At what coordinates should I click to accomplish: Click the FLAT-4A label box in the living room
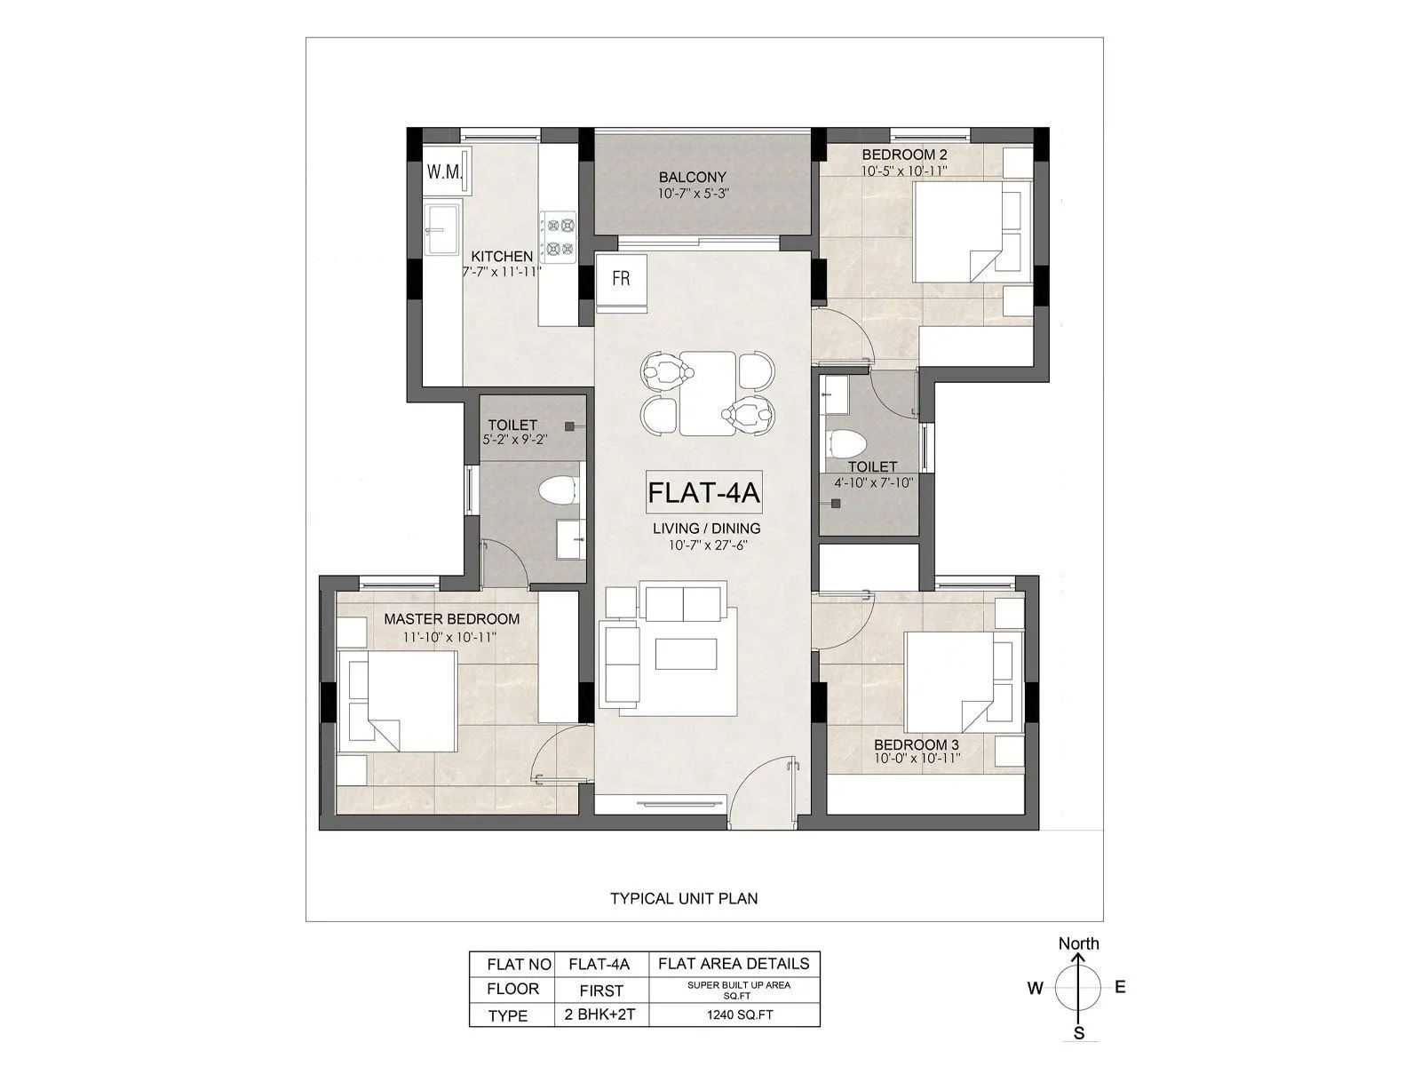703,493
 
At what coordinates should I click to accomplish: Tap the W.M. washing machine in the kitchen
445,171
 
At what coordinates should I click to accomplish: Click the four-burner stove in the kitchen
560,236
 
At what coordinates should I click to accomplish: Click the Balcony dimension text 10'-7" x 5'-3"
693,194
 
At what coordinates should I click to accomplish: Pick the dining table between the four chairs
708,392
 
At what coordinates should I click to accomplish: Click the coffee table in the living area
687,654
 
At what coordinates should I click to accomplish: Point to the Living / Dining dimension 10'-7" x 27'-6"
706,545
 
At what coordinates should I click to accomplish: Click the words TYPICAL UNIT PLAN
684,898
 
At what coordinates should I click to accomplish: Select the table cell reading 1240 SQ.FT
734,1015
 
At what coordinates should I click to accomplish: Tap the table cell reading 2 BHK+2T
601,1015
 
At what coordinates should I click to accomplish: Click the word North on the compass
1078,943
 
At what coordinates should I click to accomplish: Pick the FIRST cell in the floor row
601,990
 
